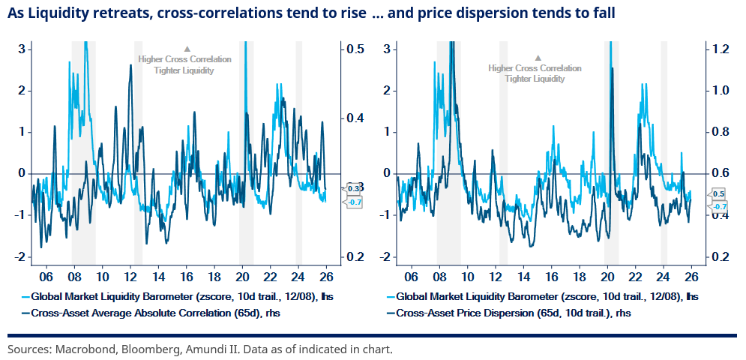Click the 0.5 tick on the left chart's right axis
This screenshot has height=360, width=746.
pyautogui.click(x=355, y=49)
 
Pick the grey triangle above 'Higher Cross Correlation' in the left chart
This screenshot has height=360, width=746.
pyautogui.click(x=187, y=49)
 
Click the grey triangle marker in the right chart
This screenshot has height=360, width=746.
pyautogui.click(x=538, y=58)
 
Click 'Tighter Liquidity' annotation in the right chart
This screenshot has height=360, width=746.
pyautogui.click(x=535, y=79)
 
